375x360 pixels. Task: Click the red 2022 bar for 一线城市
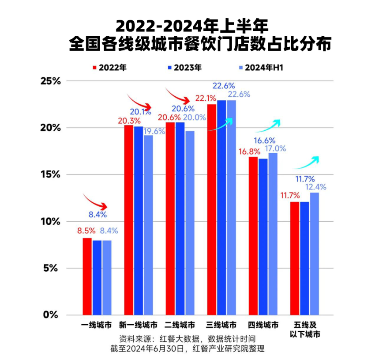[87, 276]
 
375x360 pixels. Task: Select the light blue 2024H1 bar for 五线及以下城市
[314, 254]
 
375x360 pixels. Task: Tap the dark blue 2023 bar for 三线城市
[221, 208]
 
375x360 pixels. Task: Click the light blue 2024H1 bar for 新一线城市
[148, 225]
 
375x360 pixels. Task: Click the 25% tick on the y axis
[50, 81]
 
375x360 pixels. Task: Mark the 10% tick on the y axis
[50, 221]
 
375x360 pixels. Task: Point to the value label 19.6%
[154, 131]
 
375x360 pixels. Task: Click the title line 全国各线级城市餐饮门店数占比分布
[199, 45]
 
